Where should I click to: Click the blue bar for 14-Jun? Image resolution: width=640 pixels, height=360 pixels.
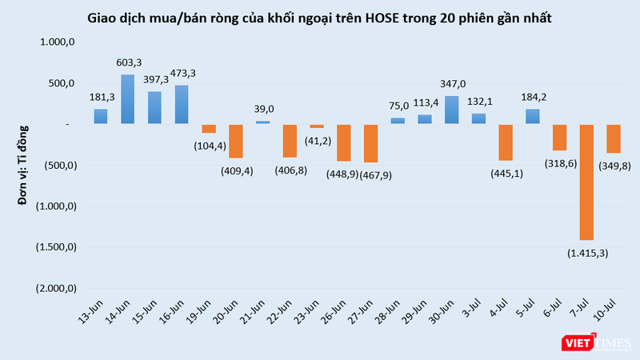127,99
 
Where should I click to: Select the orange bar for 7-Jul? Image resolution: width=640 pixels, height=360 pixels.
586,182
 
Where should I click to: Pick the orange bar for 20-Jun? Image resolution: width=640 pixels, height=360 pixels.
235,141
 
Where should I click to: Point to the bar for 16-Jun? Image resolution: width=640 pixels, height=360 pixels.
182,104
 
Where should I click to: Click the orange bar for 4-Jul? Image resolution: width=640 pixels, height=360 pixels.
506,142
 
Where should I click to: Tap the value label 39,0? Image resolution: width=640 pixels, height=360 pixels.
263,109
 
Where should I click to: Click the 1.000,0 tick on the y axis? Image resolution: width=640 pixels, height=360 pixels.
55,42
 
